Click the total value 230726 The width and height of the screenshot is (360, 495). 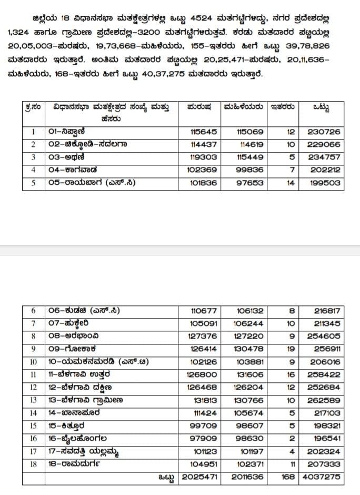324,132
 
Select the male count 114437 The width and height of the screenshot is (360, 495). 203,144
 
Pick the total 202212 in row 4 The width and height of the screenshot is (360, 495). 324,170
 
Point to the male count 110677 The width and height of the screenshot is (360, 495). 203,311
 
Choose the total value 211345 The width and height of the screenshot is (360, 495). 324,324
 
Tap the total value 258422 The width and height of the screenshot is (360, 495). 324,374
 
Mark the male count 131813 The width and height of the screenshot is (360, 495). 203,400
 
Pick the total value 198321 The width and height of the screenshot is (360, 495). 324,425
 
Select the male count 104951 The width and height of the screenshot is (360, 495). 203,464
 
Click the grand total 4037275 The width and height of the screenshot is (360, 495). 322,477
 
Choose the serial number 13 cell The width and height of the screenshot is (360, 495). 33,400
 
